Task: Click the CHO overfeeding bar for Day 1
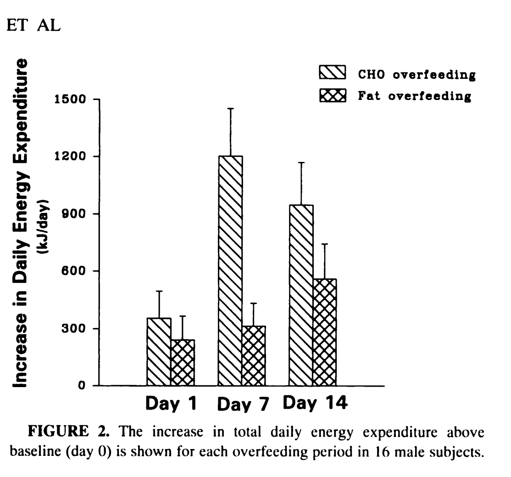(159, 352)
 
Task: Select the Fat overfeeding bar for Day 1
(183, 363)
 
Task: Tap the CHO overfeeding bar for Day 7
(230, 271)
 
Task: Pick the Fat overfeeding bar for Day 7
(254, 356)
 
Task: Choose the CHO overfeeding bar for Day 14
(301, 295)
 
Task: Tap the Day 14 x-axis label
(315, 404)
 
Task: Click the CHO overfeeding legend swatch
(333, 73)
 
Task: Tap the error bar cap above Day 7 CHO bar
(231, 108)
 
